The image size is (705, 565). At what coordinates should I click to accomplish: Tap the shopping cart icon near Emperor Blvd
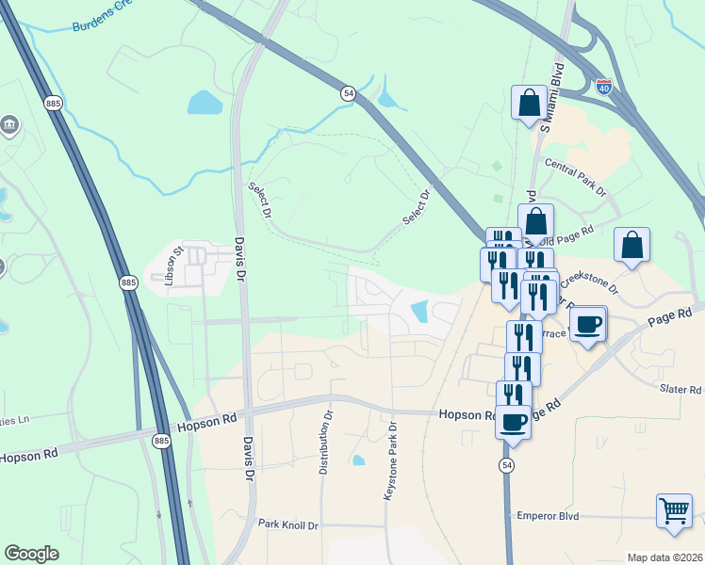click(673, 510)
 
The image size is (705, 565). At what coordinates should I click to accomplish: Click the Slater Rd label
click(681, 389)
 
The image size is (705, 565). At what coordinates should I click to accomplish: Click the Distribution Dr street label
click(324, 441)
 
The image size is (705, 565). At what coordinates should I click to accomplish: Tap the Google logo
click(31, 554)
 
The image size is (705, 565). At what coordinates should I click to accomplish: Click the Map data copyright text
click(664, 557)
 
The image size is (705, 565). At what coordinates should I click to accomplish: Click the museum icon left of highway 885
click(10, 123)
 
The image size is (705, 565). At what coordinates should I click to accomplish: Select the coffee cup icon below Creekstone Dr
click(588, 324)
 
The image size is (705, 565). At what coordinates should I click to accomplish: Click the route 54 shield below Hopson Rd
click(507, 466)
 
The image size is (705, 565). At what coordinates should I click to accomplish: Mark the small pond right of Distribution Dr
click(358, 460)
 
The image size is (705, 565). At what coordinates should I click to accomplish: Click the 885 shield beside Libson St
click(129, 282)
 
